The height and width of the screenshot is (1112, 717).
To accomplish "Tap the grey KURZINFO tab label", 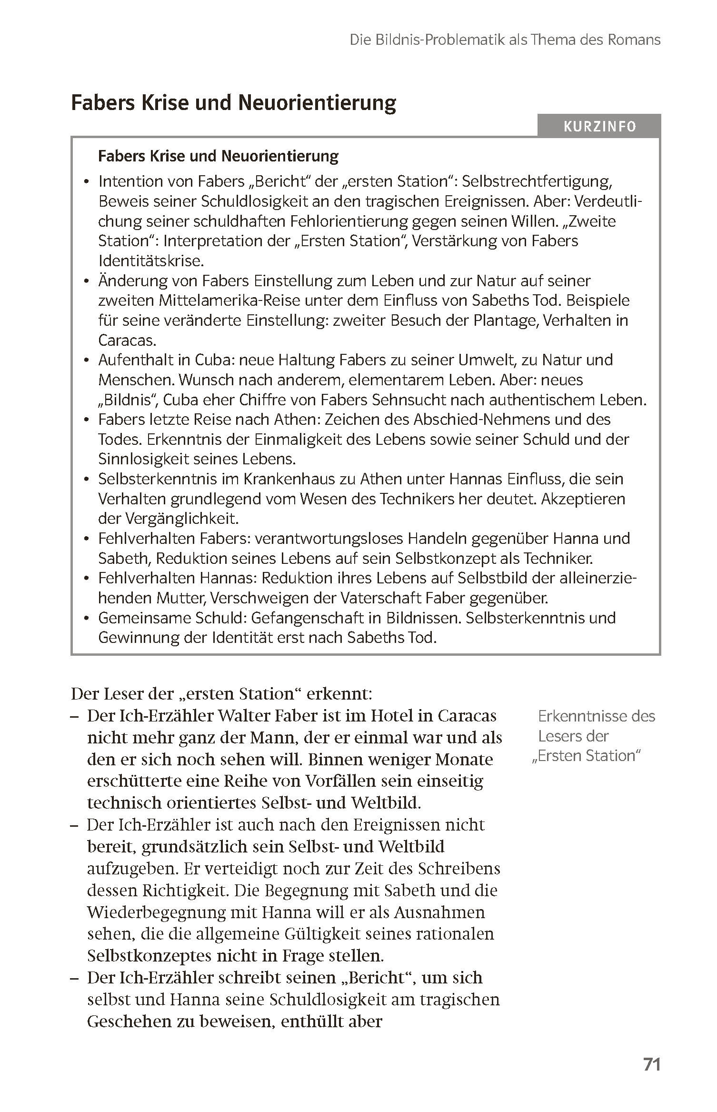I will [x=599, y=127].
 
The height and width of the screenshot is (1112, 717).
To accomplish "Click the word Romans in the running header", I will [x=634, y=40].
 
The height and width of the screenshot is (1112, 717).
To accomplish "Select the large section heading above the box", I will [x=233, y=103].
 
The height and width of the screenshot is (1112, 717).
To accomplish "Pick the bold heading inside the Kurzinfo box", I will [x=218, y=156].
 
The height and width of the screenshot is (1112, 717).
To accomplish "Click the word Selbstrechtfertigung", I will [x=536, y=181].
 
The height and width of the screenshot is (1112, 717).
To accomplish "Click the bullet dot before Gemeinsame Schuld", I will [x=86, y=619].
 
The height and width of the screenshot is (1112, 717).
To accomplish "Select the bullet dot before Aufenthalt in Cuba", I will [x=86, y=361].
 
